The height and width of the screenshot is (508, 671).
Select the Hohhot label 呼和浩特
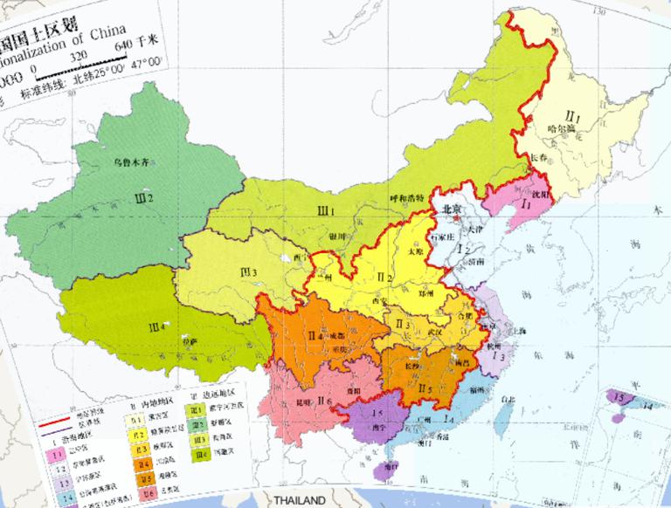coord(406,198)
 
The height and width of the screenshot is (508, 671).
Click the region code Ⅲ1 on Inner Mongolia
coord(327,209)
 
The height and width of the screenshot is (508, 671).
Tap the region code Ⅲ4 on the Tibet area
coord(157,326)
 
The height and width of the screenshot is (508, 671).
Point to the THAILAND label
coord(300,501)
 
